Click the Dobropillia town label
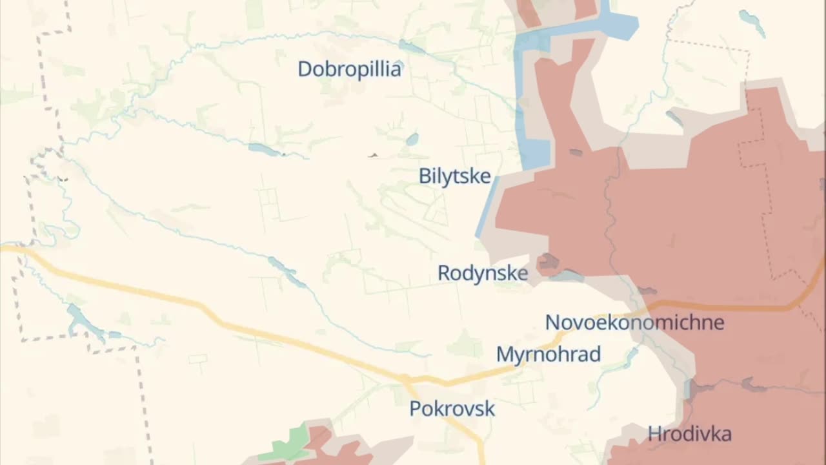(x=349, y=69)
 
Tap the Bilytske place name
(x=454, y=176)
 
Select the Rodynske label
(x=483, y=273)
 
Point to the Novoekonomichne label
(x=634, y=322)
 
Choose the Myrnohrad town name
(x=548, y=355)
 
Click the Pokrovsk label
(x=452, y=409)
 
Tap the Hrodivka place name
(x=689, y=433)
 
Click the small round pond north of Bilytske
(x=412, y=139)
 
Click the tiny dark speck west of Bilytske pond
(x=372, y=155)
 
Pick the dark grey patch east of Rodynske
(x=549, y=262)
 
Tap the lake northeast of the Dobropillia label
(x=411, y=46)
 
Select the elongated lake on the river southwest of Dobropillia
(x=265, y=150)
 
